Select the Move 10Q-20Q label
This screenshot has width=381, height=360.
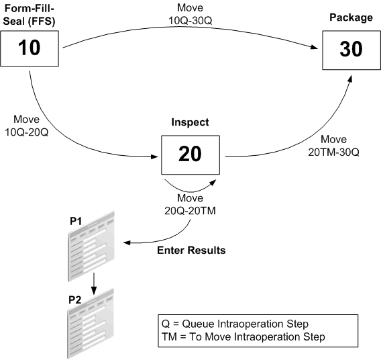(x=24, y=121)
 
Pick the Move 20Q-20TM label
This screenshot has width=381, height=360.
(x=192, y=204)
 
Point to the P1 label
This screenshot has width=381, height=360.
(x=74, y=220)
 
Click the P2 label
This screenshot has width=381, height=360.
(x=74, y=298)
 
